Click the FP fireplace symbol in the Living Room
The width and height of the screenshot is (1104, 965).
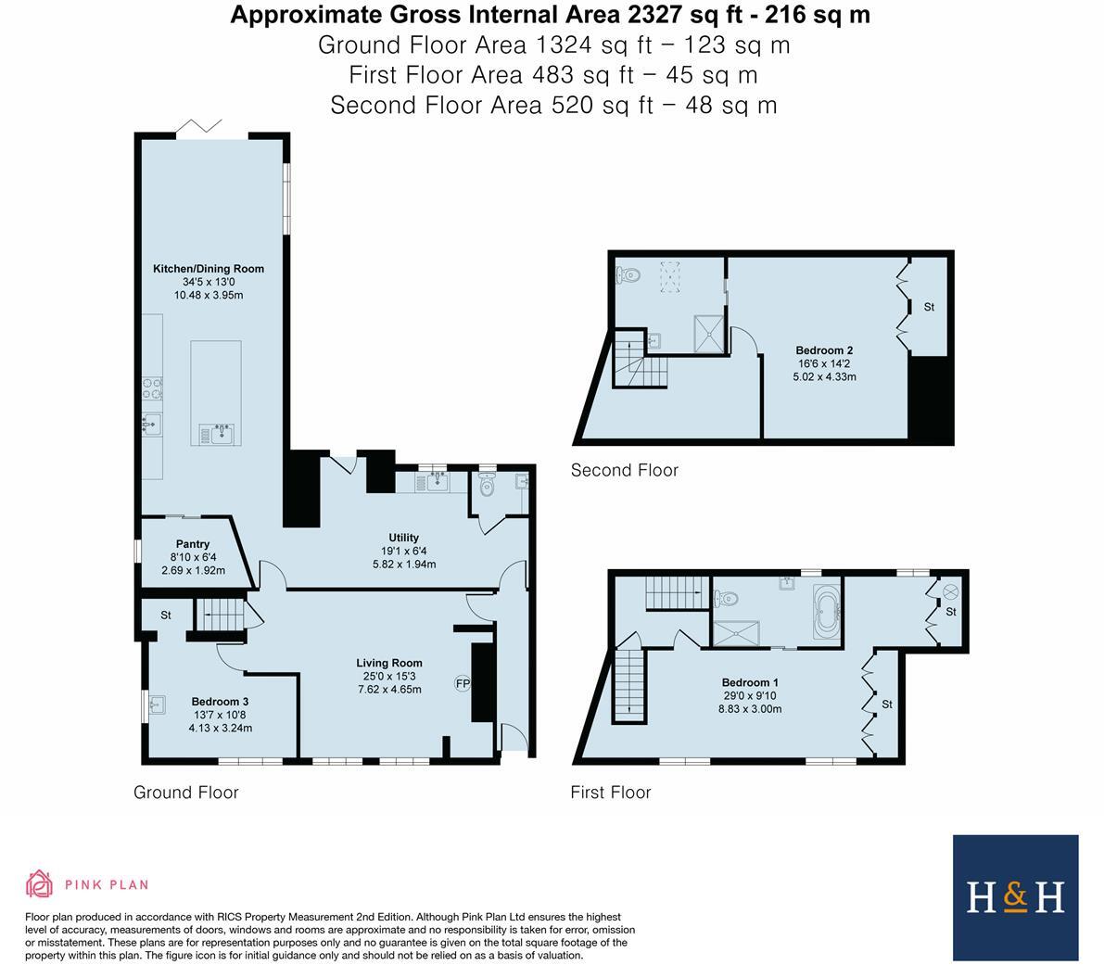463,683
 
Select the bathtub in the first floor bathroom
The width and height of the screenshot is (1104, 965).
827,612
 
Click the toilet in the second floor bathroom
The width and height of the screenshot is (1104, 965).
628,275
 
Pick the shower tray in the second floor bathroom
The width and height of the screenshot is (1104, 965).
708,334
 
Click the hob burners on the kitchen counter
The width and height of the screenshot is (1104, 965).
152,388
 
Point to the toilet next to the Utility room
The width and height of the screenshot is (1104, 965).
487,484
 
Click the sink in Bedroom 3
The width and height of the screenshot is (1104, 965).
156,704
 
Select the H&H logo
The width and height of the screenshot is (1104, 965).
1015,897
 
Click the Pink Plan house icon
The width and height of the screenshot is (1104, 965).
40,884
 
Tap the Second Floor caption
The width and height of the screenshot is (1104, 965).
625,470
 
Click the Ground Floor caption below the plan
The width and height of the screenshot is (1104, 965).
186,793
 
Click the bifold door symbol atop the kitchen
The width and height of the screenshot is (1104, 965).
198,126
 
